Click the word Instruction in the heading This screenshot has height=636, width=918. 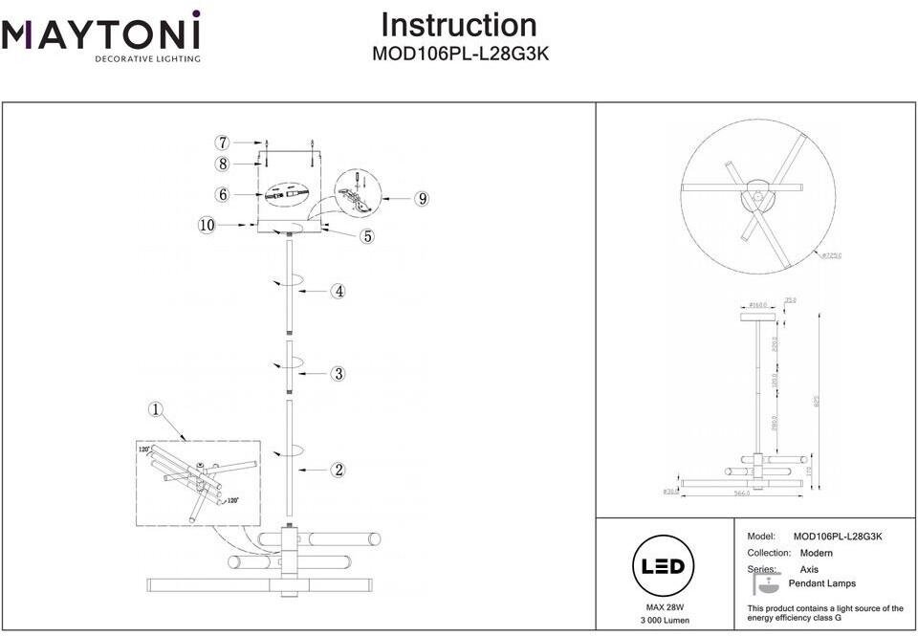click(459, 25)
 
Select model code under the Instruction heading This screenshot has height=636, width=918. click(459, 55)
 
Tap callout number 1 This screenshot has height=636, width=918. click(157, 409)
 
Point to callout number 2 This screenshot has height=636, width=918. click(338, 470)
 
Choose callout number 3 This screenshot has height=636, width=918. click(338, 373)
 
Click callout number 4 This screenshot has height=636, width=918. click(338, 291)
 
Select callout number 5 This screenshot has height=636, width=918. click(367, 236)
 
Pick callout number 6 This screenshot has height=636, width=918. click(222, 194)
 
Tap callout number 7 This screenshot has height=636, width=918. click(222, 143)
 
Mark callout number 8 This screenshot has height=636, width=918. click(222, 164)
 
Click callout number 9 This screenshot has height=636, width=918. click(421, 199)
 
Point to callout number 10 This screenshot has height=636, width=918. click(208, 225)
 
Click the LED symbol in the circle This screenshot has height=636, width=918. click(662, 566)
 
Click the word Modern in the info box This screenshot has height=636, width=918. click(816, 553)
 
